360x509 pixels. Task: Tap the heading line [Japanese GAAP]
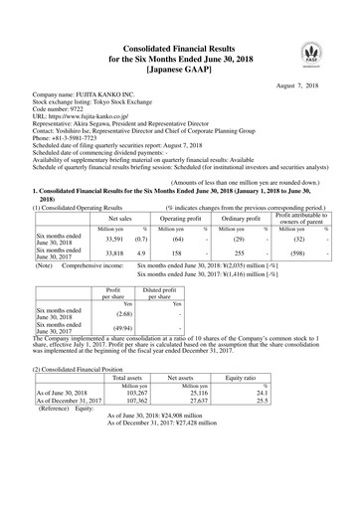pyautogui.click(x=180, y=70)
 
